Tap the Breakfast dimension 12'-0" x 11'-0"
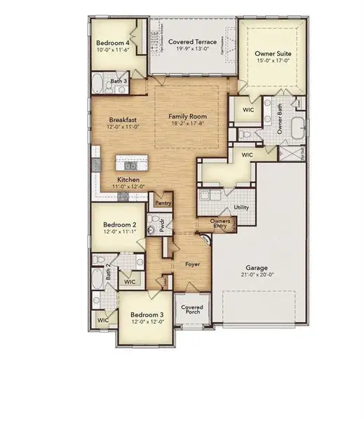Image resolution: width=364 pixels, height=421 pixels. [121, 126]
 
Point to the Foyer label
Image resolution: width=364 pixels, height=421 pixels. [192, 265]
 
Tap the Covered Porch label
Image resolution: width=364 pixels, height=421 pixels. [191, 309]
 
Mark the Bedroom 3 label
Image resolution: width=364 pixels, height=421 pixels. [147, 314]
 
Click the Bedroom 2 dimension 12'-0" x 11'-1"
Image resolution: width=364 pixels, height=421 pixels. [119, 231]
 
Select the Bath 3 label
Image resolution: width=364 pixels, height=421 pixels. [119, 81]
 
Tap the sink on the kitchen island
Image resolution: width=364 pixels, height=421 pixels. [130, 166]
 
